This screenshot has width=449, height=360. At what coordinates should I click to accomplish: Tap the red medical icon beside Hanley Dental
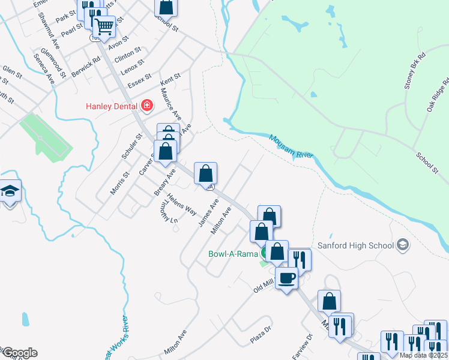coord(146,106)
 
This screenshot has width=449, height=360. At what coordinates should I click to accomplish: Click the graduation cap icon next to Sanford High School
coord(402,245)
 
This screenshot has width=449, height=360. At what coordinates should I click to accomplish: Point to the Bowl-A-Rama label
coord(232,253)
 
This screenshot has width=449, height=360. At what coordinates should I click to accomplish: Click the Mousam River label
coord(292,147)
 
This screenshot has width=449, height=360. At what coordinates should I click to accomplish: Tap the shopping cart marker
coord(104,26)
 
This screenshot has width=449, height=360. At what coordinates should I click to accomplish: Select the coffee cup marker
coord(287,278)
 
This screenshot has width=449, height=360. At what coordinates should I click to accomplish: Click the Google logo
coord(19,353)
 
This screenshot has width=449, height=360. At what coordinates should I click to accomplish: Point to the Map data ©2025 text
coord(423,355)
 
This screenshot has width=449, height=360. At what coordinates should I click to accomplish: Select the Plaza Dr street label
coord(261,336)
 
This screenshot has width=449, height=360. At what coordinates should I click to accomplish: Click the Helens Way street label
coord(182,205)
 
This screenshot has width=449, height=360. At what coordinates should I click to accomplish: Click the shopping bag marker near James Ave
coord(206,173)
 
